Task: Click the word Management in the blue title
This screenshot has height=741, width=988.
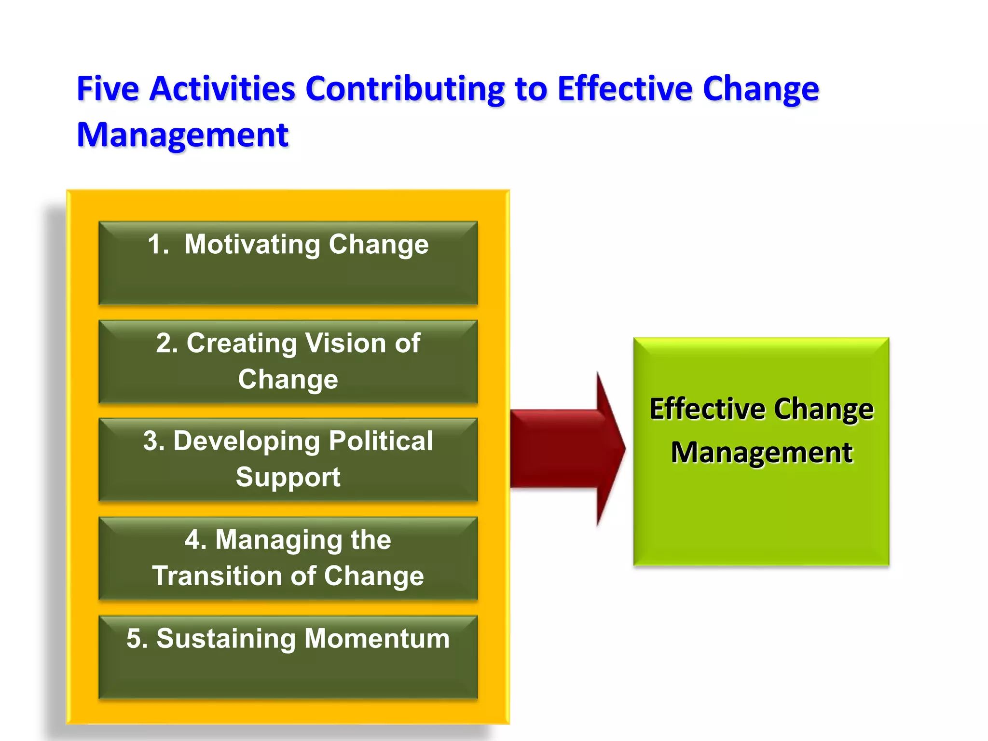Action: (183, 135)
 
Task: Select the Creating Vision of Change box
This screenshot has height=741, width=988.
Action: (288, 362)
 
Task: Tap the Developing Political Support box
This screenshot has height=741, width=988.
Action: (288, 459)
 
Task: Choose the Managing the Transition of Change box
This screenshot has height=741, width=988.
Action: (288, 558)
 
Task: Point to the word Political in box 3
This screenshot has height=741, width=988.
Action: (381, 441)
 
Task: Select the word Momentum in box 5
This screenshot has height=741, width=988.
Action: (377, 639)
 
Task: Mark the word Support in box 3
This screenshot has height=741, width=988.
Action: (288, 477)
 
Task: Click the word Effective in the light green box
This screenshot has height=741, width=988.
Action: (707, 409)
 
